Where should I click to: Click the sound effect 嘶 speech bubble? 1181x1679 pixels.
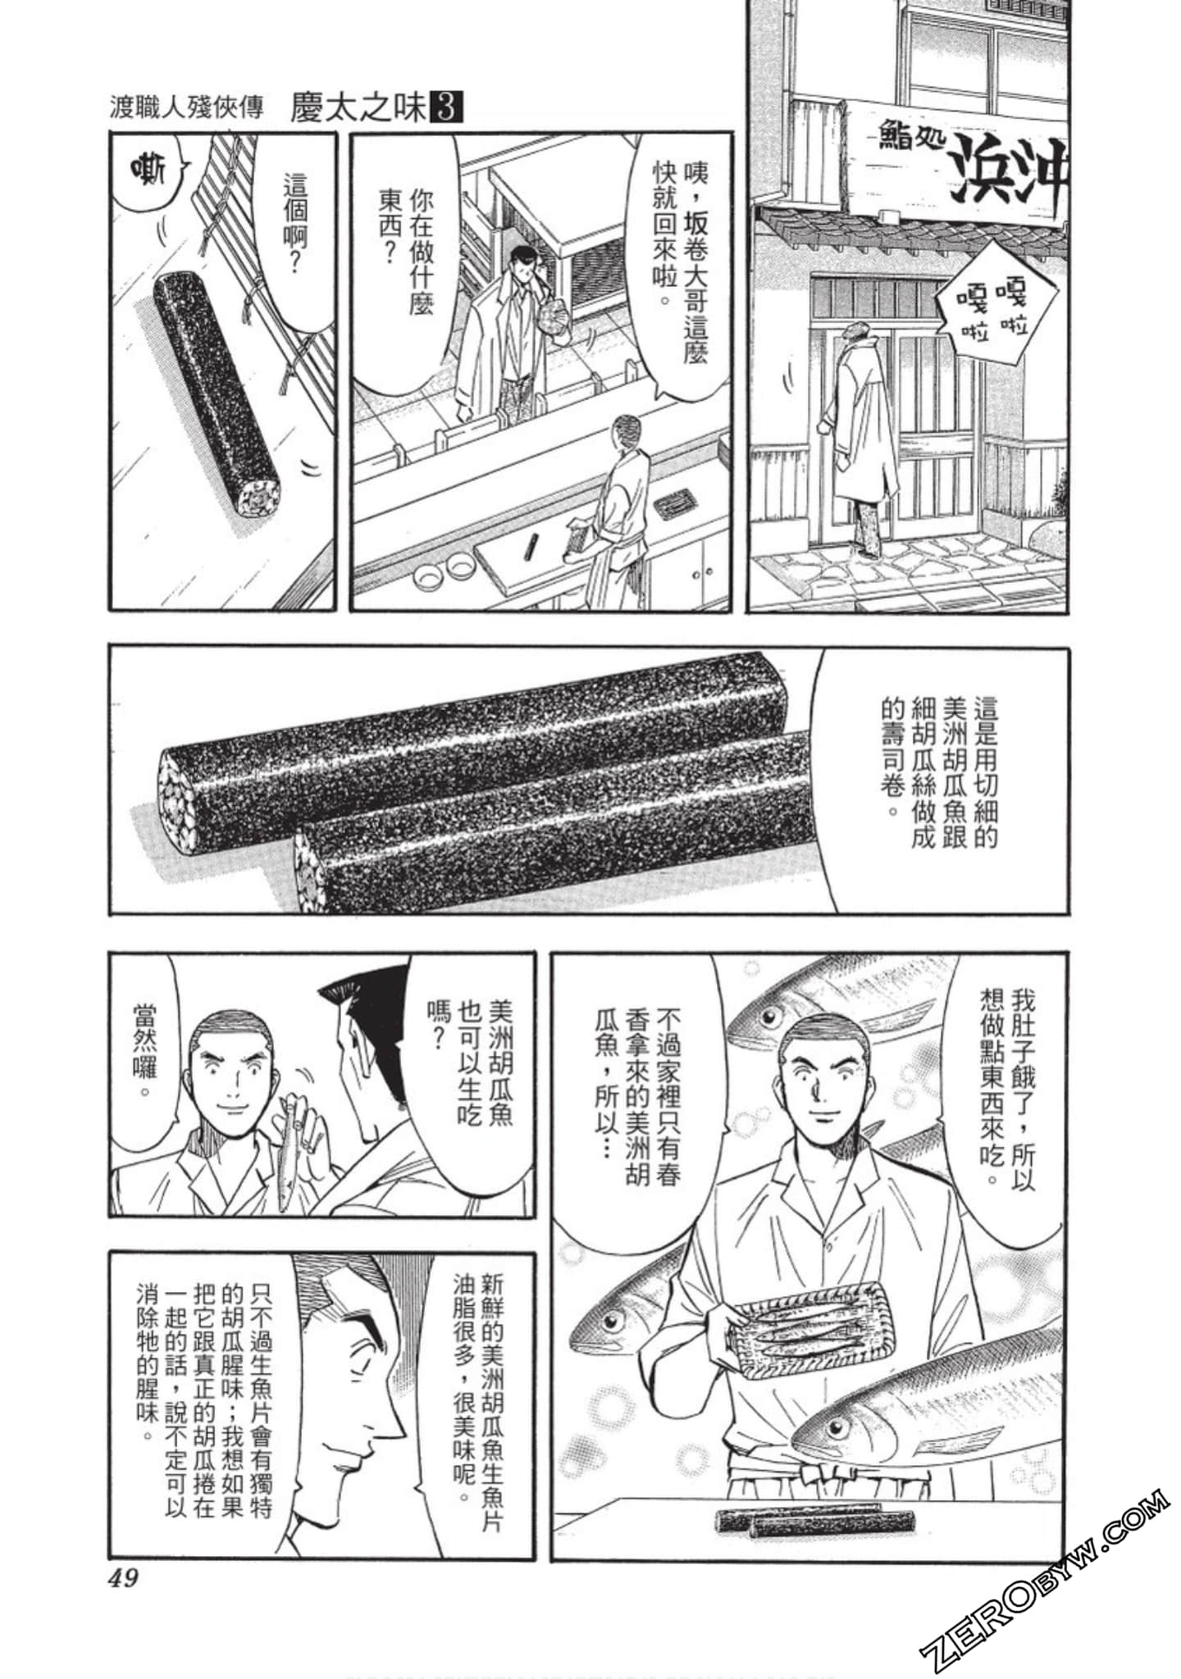[148, 173]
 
